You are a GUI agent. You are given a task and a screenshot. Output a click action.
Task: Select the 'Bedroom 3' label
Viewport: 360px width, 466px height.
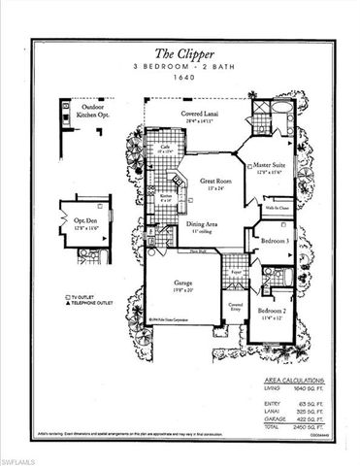coord(275,240)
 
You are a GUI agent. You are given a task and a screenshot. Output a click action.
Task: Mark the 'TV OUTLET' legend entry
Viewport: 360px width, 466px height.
coord(86,295)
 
